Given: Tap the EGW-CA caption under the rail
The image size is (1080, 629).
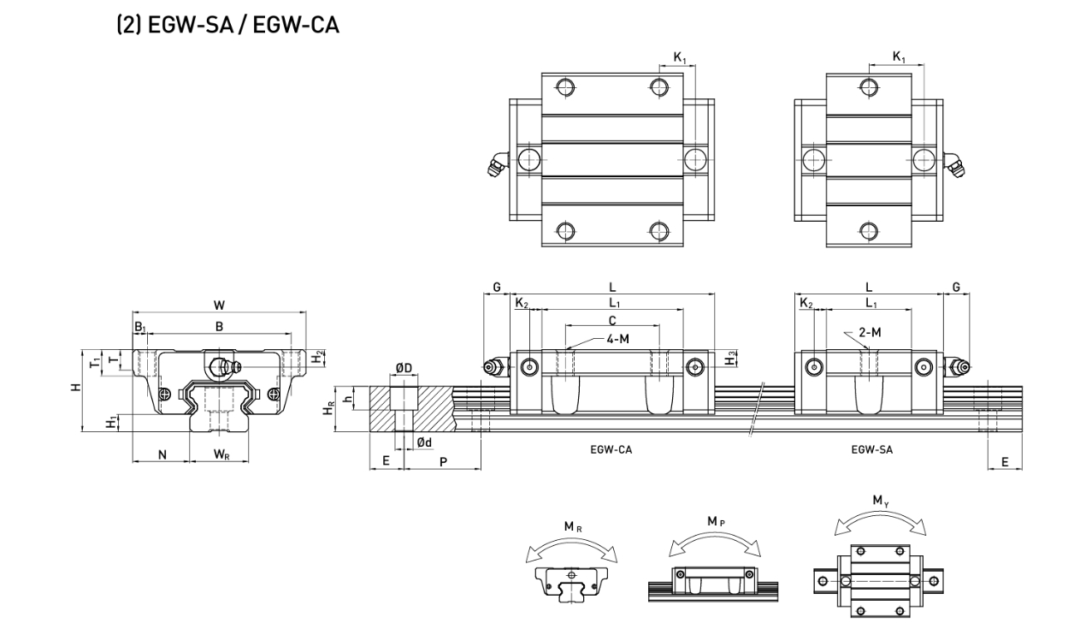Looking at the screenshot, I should pos(611,448).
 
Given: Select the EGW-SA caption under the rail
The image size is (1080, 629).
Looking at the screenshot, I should pos(871,448).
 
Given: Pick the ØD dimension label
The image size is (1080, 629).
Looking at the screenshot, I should pos(403,369).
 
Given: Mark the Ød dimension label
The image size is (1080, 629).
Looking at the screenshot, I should pos(424,442).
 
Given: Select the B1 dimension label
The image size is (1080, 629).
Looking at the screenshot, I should pos(139,326).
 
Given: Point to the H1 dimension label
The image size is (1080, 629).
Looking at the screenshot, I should pos(109,423).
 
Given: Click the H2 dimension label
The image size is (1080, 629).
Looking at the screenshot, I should pos(318,358).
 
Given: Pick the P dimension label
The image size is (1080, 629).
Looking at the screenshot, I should pos(442,461).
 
